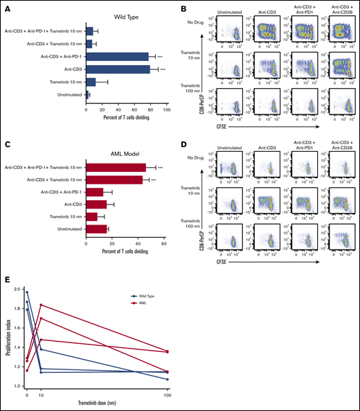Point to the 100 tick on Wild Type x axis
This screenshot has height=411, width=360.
[167, 108]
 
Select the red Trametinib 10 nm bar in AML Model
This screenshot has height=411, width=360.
[91, 217]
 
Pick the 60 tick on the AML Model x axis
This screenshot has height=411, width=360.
[164, 244]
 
